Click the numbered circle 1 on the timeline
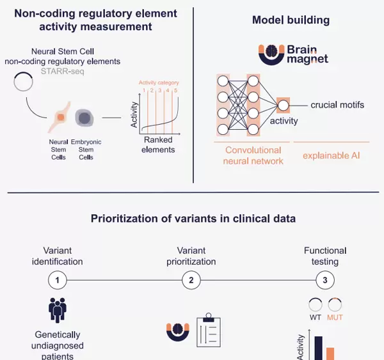click(58, 280)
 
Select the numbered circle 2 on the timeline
click(191, 280)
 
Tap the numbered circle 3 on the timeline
click(325, 280)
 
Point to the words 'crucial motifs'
click(337, 104)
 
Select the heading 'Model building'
click(291, 20)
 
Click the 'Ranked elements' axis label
click(159, 145)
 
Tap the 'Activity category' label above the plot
click(159, 82)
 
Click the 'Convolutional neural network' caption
click(253, 155)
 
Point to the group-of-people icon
click(58, 309)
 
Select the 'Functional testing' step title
click(325, 256)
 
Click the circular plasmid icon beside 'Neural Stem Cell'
click(24, 81)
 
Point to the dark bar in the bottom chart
click(318, 348)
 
